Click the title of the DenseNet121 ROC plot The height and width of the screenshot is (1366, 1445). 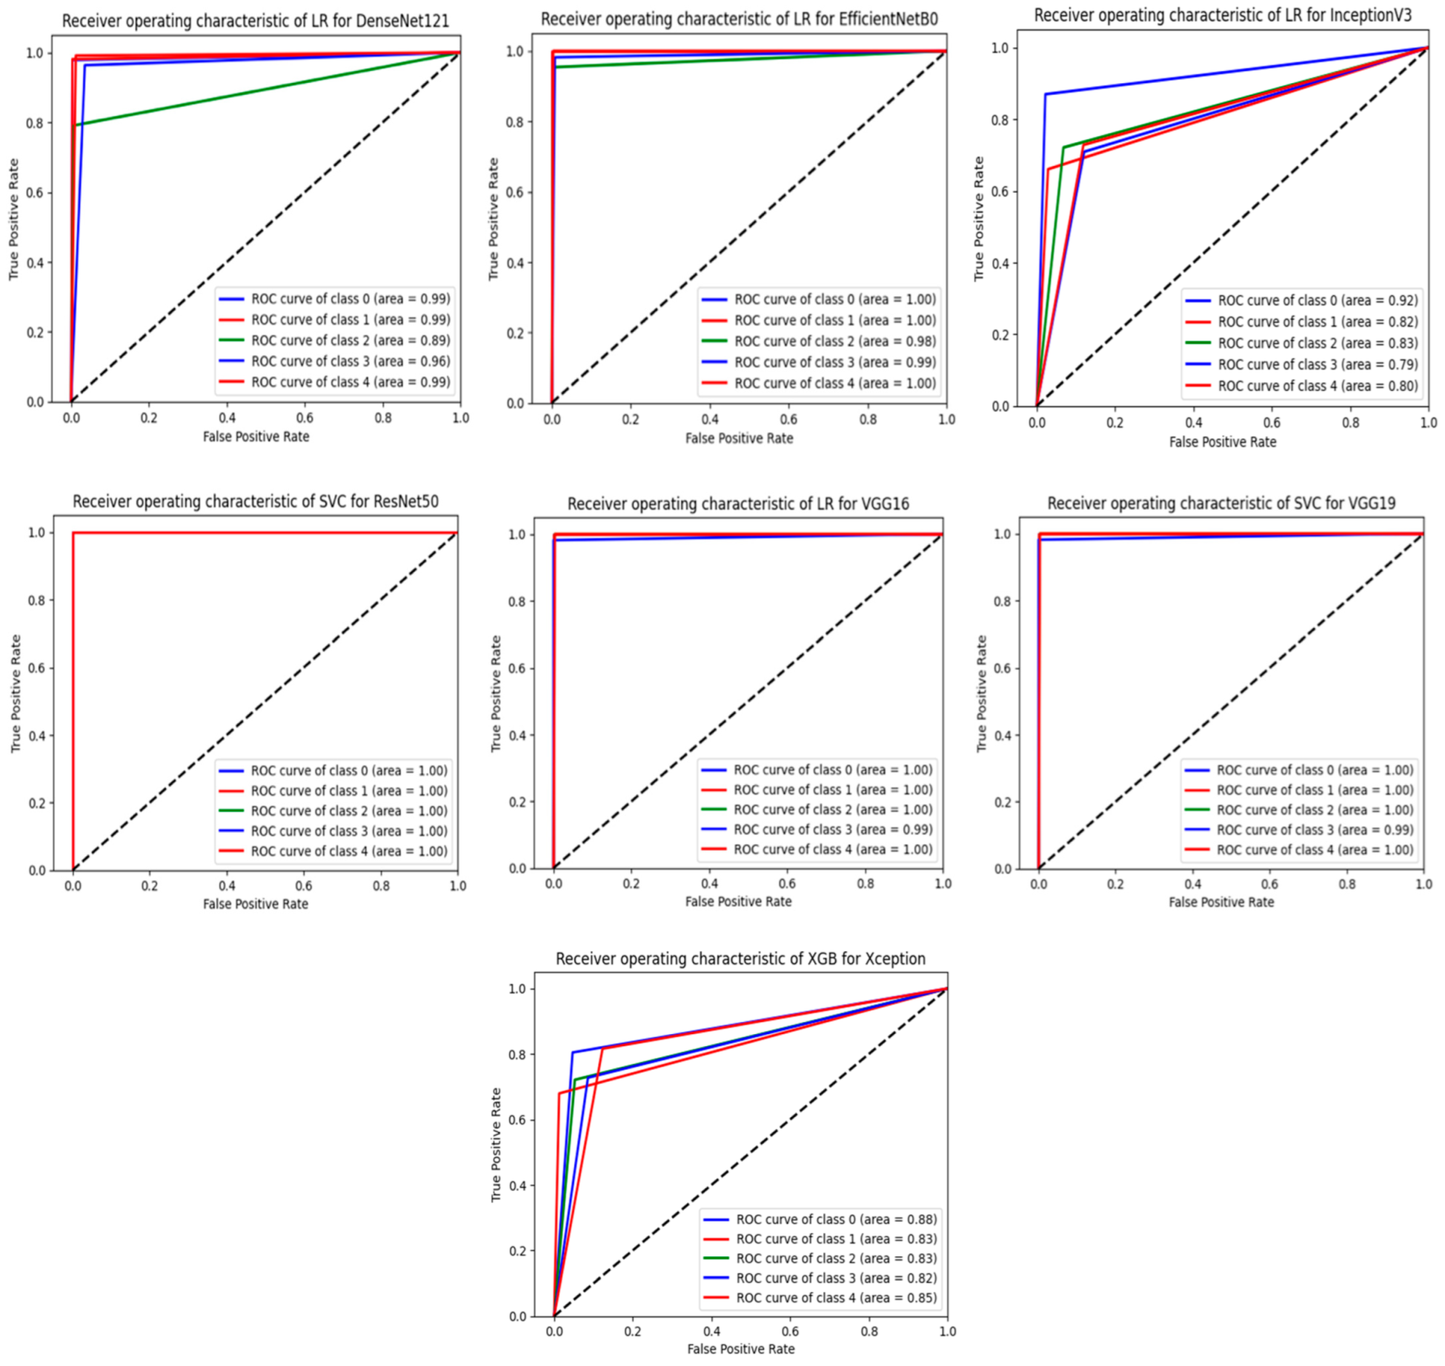[x=256, y=21]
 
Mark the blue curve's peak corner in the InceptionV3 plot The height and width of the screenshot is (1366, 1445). [x=1046, y=94]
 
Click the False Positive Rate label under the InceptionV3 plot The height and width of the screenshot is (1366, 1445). [x=1223, y=442]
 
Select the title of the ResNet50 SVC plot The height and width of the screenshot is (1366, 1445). [x=256, y=502]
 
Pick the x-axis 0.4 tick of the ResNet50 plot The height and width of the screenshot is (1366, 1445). [x=227, y=887]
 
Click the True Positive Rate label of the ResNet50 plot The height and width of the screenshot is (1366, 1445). [x=16, y=694]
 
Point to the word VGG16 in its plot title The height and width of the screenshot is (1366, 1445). [x=885, y=504]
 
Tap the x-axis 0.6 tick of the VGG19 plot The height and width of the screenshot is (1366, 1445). [x=1269, y=884]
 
